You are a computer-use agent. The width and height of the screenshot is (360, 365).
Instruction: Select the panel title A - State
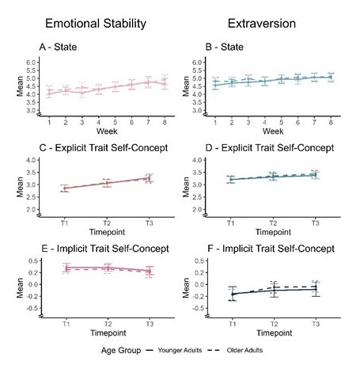60,48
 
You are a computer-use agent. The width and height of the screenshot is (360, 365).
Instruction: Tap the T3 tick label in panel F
315,325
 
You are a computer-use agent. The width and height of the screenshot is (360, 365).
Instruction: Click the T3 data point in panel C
150,179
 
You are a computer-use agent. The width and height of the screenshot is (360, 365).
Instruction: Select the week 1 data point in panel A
49,93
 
